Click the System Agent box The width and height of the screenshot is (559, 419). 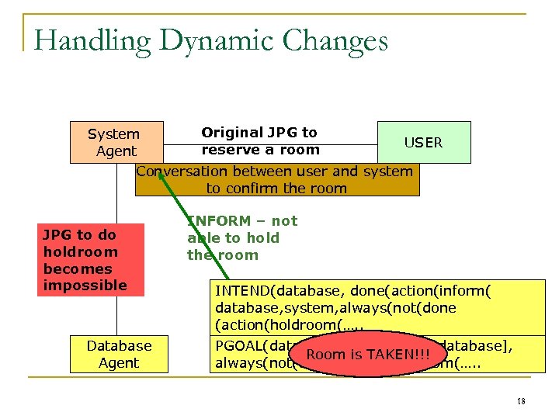click(116, 142)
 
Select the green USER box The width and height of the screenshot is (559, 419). click(424, 142)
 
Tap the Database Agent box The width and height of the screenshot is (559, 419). click(119, 354)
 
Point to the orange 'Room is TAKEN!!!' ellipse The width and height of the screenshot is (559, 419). click(369, 355)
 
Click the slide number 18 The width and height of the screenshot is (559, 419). click(520, 401)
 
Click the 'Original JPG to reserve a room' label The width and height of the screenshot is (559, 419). click(259, 141)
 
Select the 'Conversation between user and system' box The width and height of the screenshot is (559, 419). click(277, 179)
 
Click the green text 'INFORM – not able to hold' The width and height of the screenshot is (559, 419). click(241, 237)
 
